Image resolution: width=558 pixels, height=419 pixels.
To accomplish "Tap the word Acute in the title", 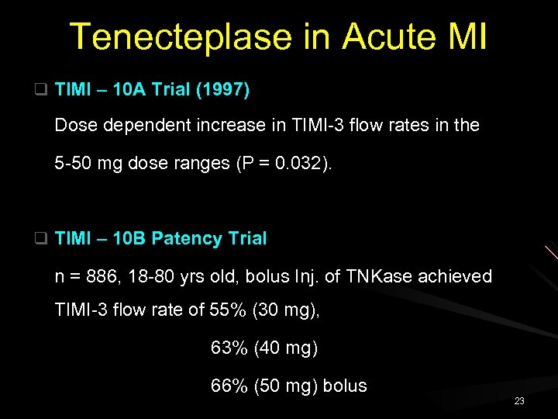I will (380, 37).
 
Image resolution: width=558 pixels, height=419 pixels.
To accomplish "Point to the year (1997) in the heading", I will (222, 90).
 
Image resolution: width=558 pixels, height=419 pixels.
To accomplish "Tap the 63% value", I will (229, 348).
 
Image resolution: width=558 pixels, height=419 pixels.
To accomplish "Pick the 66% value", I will (229, 386).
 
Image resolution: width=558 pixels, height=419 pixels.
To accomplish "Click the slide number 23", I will (519, 401).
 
